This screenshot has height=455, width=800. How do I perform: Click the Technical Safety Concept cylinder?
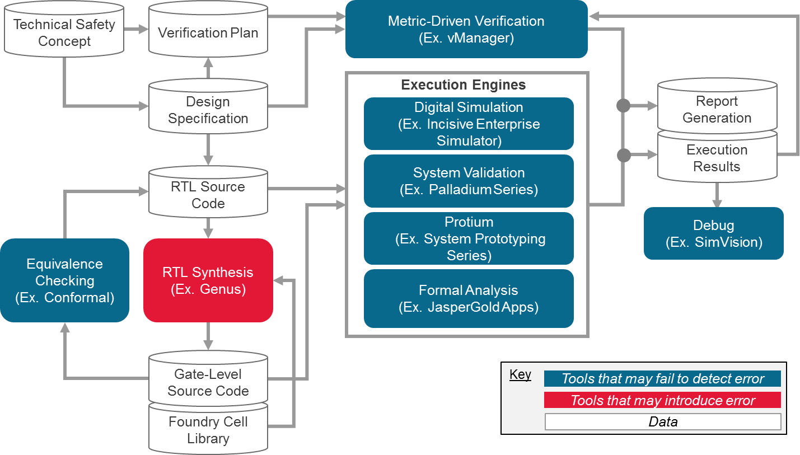[64, 33]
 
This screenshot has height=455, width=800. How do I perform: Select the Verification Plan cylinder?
[208, 33]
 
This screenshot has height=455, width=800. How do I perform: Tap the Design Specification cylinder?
[208, 110]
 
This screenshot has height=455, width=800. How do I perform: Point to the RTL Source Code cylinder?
[208, 195]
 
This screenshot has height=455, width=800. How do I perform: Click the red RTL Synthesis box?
[208, 280]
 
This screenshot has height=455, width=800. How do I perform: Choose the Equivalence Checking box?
[64, 280]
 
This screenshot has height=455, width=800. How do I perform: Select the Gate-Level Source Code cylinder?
[208, 382]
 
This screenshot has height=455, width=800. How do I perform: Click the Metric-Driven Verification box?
[466, 30]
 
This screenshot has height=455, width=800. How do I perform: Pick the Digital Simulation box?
[469, 124]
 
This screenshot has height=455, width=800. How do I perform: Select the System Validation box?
[469, 181]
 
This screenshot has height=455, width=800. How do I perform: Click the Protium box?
[469, 238]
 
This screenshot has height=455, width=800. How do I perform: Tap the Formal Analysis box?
[469, 298]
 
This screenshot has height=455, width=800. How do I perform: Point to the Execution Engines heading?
[464, 85]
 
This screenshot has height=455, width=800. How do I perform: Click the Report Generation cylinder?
[717, 110]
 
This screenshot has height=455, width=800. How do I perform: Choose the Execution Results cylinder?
[717, 158]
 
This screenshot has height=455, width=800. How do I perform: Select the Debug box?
[713, 233]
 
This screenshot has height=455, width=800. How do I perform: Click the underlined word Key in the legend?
[520, 375]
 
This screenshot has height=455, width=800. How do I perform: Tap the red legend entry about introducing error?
[662, 400]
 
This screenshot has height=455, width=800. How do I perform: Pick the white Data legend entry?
[662, 421]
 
